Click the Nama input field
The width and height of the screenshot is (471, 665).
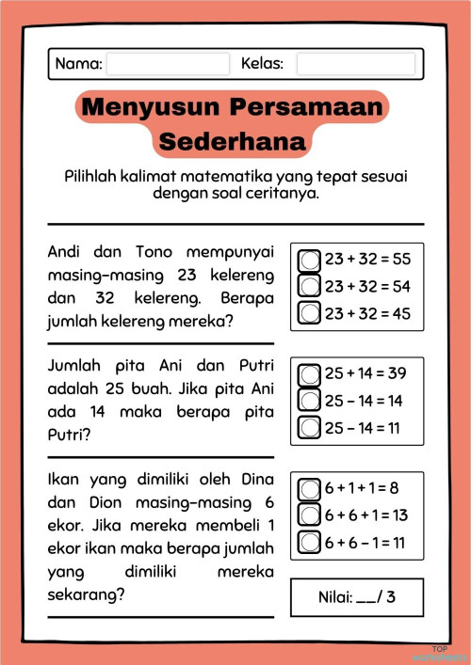168,64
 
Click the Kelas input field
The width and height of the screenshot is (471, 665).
355,64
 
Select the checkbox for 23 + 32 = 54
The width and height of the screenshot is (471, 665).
310,285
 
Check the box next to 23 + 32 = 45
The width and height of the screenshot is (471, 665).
310,312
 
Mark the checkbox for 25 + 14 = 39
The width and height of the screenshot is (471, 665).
310,373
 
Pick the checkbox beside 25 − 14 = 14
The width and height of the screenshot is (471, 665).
310,400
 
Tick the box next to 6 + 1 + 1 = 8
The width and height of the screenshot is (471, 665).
310,488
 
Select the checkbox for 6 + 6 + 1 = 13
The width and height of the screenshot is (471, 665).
310,515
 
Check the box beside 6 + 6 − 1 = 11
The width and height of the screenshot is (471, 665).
310,542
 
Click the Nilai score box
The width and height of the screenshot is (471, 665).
357,597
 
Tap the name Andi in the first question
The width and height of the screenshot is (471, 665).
65,252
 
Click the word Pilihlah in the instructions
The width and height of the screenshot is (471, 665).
95,177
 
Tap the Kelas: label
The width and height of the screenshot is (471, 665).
263,64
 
